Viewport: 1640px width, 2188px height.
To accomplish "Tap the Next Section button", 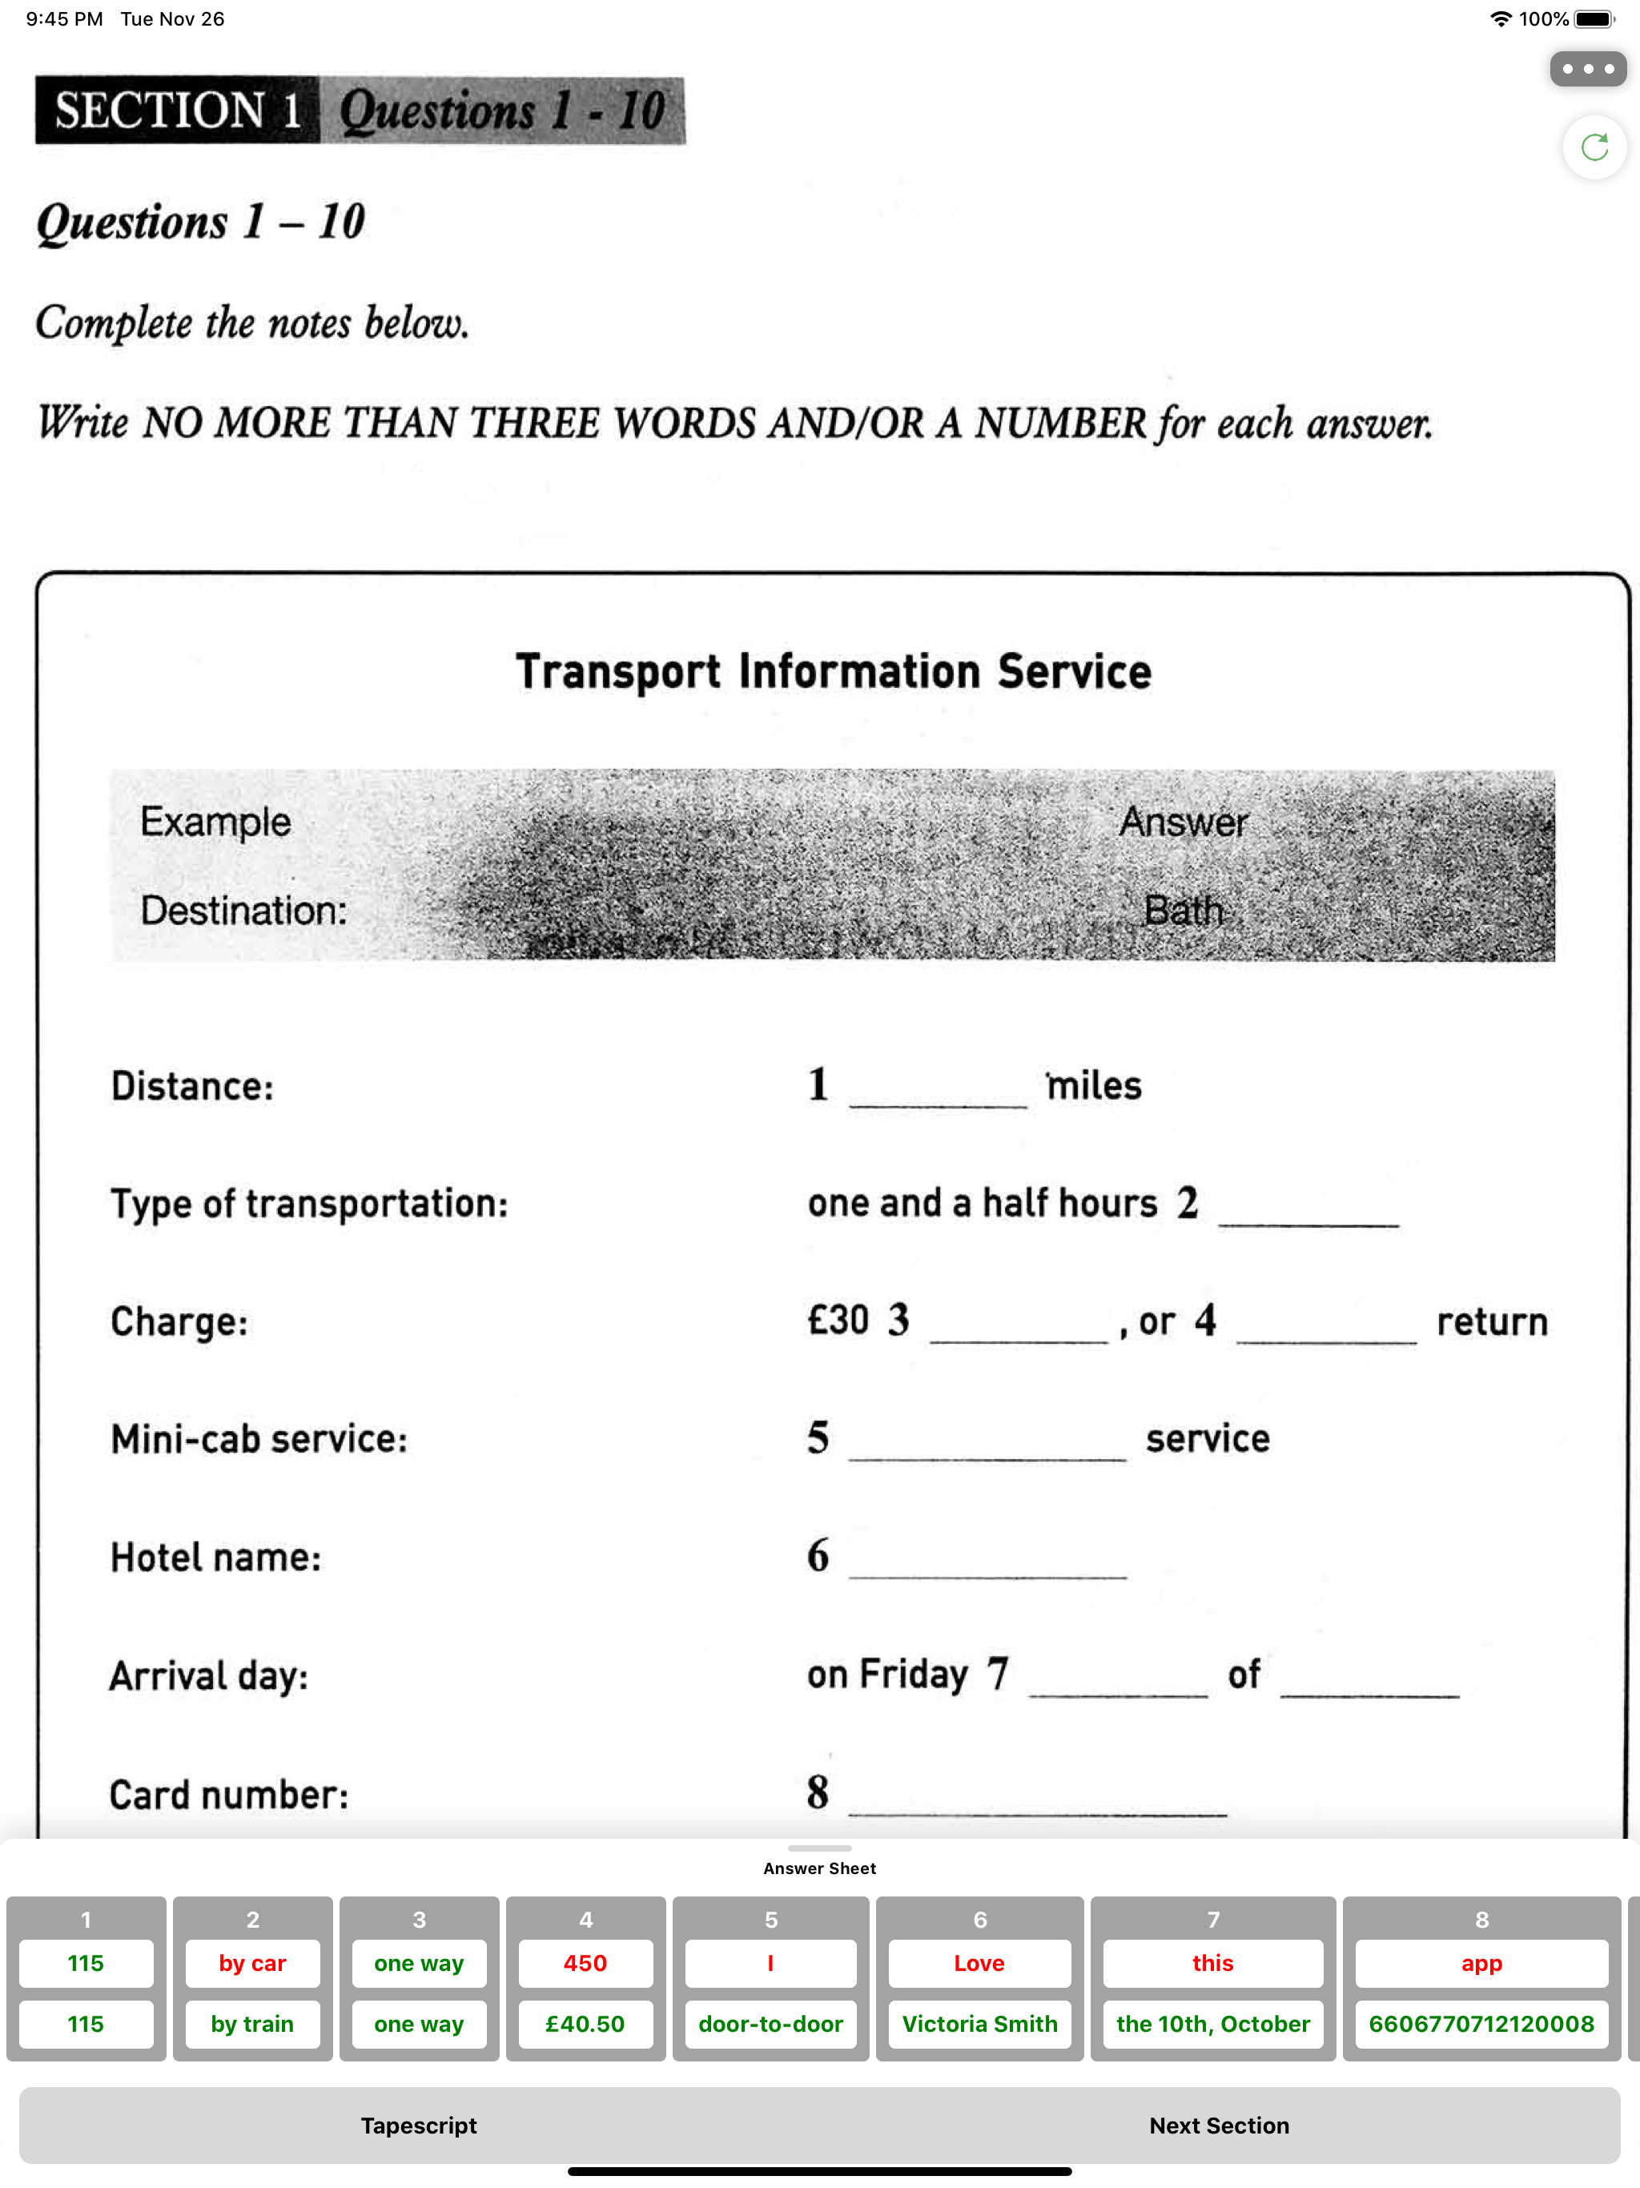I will [x=1219, y=2125].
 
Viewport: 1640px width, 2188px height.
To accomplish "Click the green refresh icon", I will [x=1594, y=147].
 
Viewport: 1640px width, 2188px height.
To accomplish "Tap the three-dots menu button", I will [x=1588, y=69].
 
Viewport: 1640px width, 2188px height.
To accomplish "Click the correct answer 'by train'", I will [x=252, y=2024].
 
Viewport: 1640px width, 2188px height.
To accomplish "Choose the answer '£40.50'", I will [x=585, y=2024].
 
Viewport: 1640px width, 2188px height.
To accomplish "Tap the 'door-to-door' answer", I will [x=770, y=2024].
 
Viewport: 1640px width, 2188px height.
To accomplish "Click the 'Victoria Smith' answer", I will [x=979, y=2024].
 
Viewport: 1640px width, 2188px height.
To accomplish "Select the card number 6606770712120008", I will [x=1481, y=2024].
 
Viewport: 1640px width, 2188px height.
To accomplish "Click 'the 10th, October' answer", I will [x=1212, y=2024].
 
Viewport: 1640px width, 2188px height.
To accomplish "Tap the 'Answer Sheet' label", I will [x=819, y=1868].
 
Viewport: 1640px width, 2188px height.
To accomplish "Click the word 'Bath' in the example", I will [x=1183, y=910].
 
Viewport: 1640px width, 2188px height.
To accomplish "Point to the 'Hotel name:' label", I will [x=215, y=1558].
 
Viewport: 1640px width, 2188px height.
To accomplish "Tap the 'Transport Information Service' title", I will [x=833, y=672].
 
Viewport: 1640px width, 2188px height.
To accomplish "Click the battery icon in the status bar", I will [x=1594, y=18].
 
